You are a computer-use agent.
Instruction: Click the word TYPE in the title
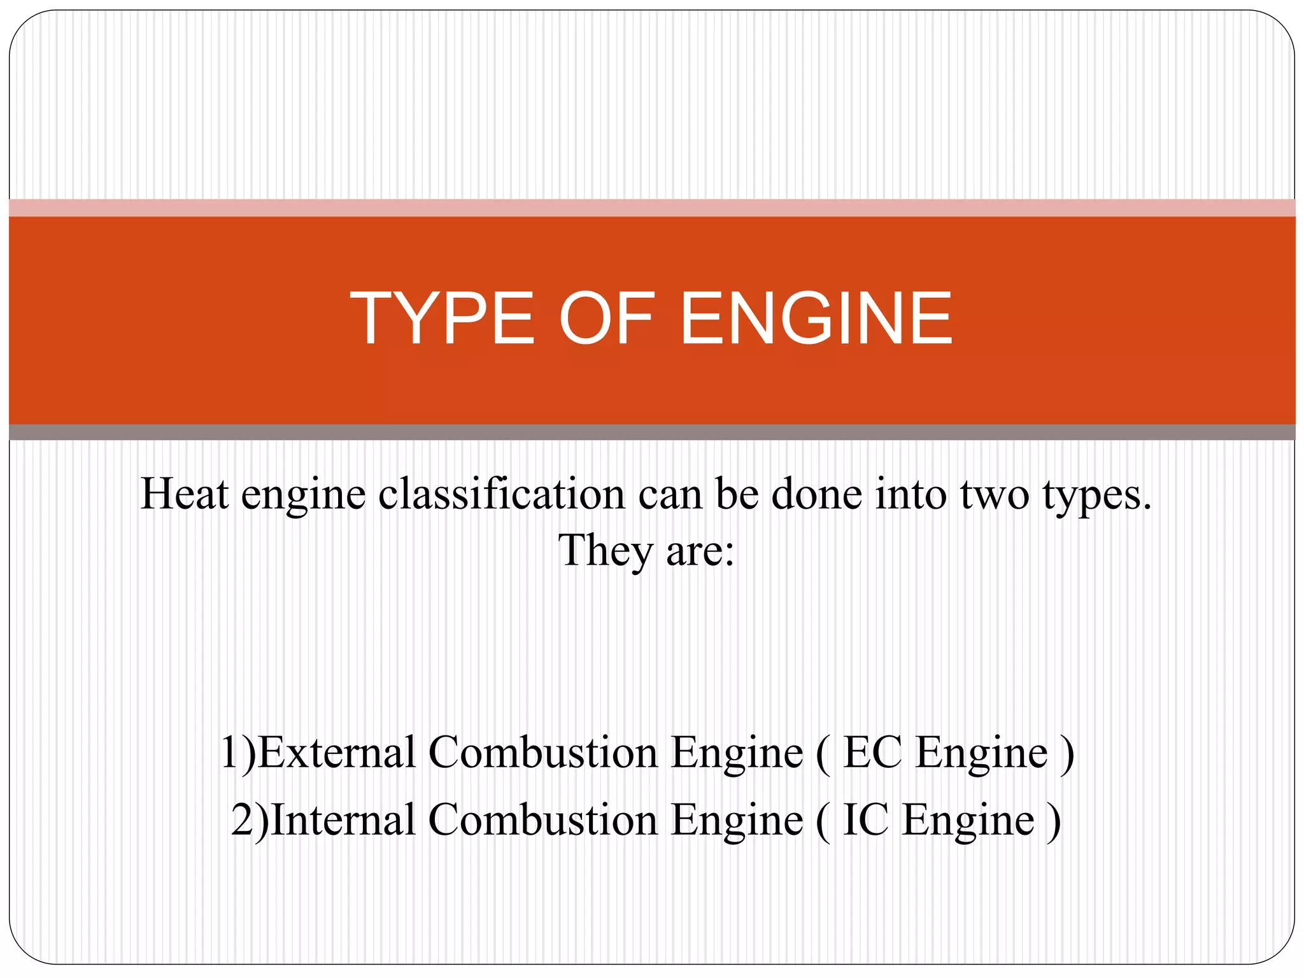point(442,318)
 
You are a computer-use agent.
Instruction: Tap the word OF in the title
point(607,318)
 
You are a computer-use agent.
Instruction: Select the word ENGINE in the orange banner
point(816,318)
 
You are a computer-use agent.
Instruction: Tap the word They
point(605,551)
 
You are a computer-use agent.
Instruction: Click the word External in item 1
point(337,753)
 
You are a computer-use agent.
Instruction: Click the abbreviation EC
point(872,753)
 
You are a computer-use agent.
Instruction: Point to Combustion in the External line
point(542,753)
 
